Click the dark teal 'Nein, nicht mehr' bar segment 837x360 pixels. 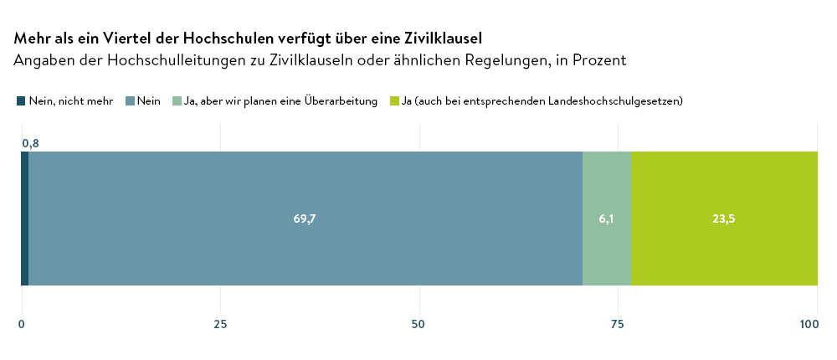pyautogui.click(x=24, y=219)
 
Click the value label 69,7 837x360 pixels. pyautogui.click(x=305, y=219)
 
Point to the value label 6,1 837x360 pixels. pyautogui.click(x=607, y=219)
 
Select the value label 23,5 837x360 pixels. pyautogui.click(x=724, y=219)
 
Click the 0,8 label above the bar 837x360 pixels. pyautogui.click(x=30, y=143)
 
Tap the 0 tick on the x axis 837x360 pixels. pyautogui.click(x=22, y=324)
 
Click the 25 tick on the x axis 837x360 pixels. pyautogui.click(x=220, y=324)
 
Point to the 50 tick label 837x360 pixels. pyautogui.click(x=419, y=324)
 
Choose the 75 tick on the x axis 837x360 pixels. pyautogui.click(x=619, y=324)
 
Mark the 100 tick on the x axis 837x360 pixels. pyautogui.click(x=810, y=324)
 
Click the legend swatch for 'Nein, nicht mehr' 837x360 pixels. pyautogui.click(x=21, y=101)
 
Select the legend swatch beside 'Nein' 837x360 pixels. pyautogui.click(x=130, y=101)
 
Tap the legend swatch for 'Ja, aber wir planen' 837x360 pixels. pyautogui.click(x=177, y=101)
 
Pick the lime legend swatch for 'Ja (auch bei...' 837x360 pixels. pyautogui.click(x=394, y=101)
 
